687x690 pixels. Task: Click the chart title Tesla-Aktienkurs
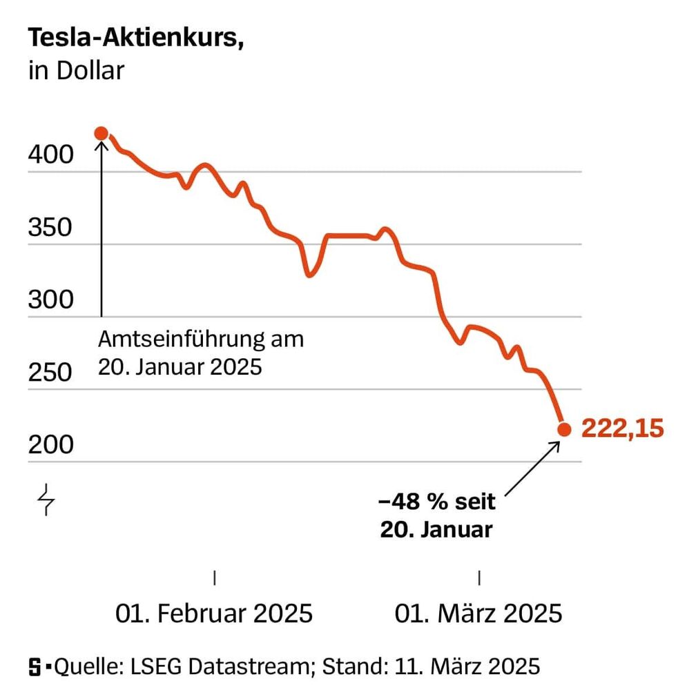coord(136,39)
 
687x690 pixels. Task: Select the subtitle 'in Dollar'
coord(76,71)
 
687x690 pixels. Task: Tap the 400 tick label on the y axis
coord(50,155)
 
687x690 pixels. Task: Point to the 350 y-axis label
coord(50,228)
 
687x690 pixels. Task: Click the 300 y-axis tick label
coord(50,300)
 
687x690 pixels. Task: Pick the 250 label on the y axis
coord(50,373)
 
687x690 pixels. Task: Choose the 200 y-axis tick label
coord(50,446)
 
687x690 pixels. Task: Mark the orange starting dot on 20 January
coord(101,133)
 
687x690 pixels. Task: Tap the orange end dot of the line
coord(564,429)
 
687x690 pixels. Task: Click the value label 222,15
coord(622,428)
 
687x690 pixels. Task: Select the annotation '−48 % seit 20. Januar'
coord(437,516)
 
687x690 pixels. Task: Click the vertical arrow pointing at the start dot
coord(101,228)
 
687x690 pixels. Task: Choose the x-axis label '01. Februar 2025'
coord(214,613)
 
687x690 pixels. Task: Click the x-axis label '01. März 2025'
coord(478,613)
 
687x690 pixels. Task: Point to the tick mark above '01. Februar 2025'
coord(215,578)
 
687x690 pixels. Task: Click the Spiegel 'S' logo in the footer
coord(35,667)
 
